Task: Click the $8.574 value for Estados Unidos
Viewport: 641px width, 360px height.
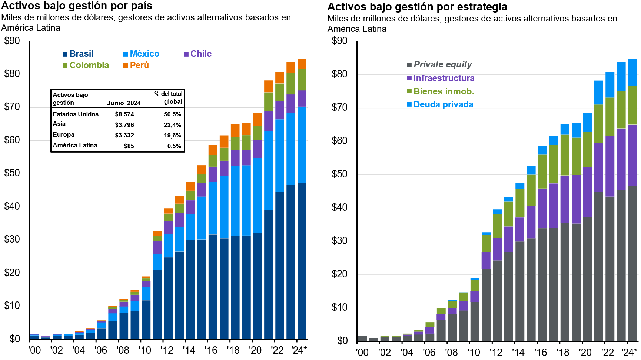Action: coord(124,114)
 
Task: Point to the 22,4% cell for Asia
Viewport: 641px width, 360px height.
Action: coord(172,125)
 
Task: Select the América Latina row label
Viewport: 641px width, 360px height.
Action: coord(75,146)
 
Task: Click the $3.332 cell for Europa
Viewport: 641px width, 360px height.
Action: coord(124,136)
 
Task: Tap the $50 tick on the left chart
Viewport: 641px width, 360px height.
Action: coord(12,173)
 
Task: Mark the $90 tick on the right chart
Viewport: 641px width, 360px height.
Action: coord(339,41)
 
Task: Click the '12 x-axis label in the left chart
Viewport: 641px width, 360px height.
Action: coord(167,350)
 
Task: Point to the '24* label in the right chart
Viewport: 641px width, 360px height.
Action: coord(630,352)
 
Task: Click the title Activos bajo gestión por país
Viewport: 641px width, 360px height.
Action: coord(77,6)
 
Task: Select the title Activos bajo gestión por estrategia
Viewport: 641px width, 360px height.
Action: coord(417,7)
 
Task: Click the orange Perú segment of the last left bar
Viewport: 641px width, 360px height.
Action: coord(302,64)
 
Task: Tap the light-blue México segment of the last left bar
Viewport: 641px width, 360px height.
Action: coord(302,144)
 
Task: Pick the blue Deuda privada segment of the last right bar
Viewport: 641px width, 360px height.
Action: coord(632,72)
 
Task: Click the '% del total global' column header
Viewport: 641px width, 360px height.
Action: coord(168,98)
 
